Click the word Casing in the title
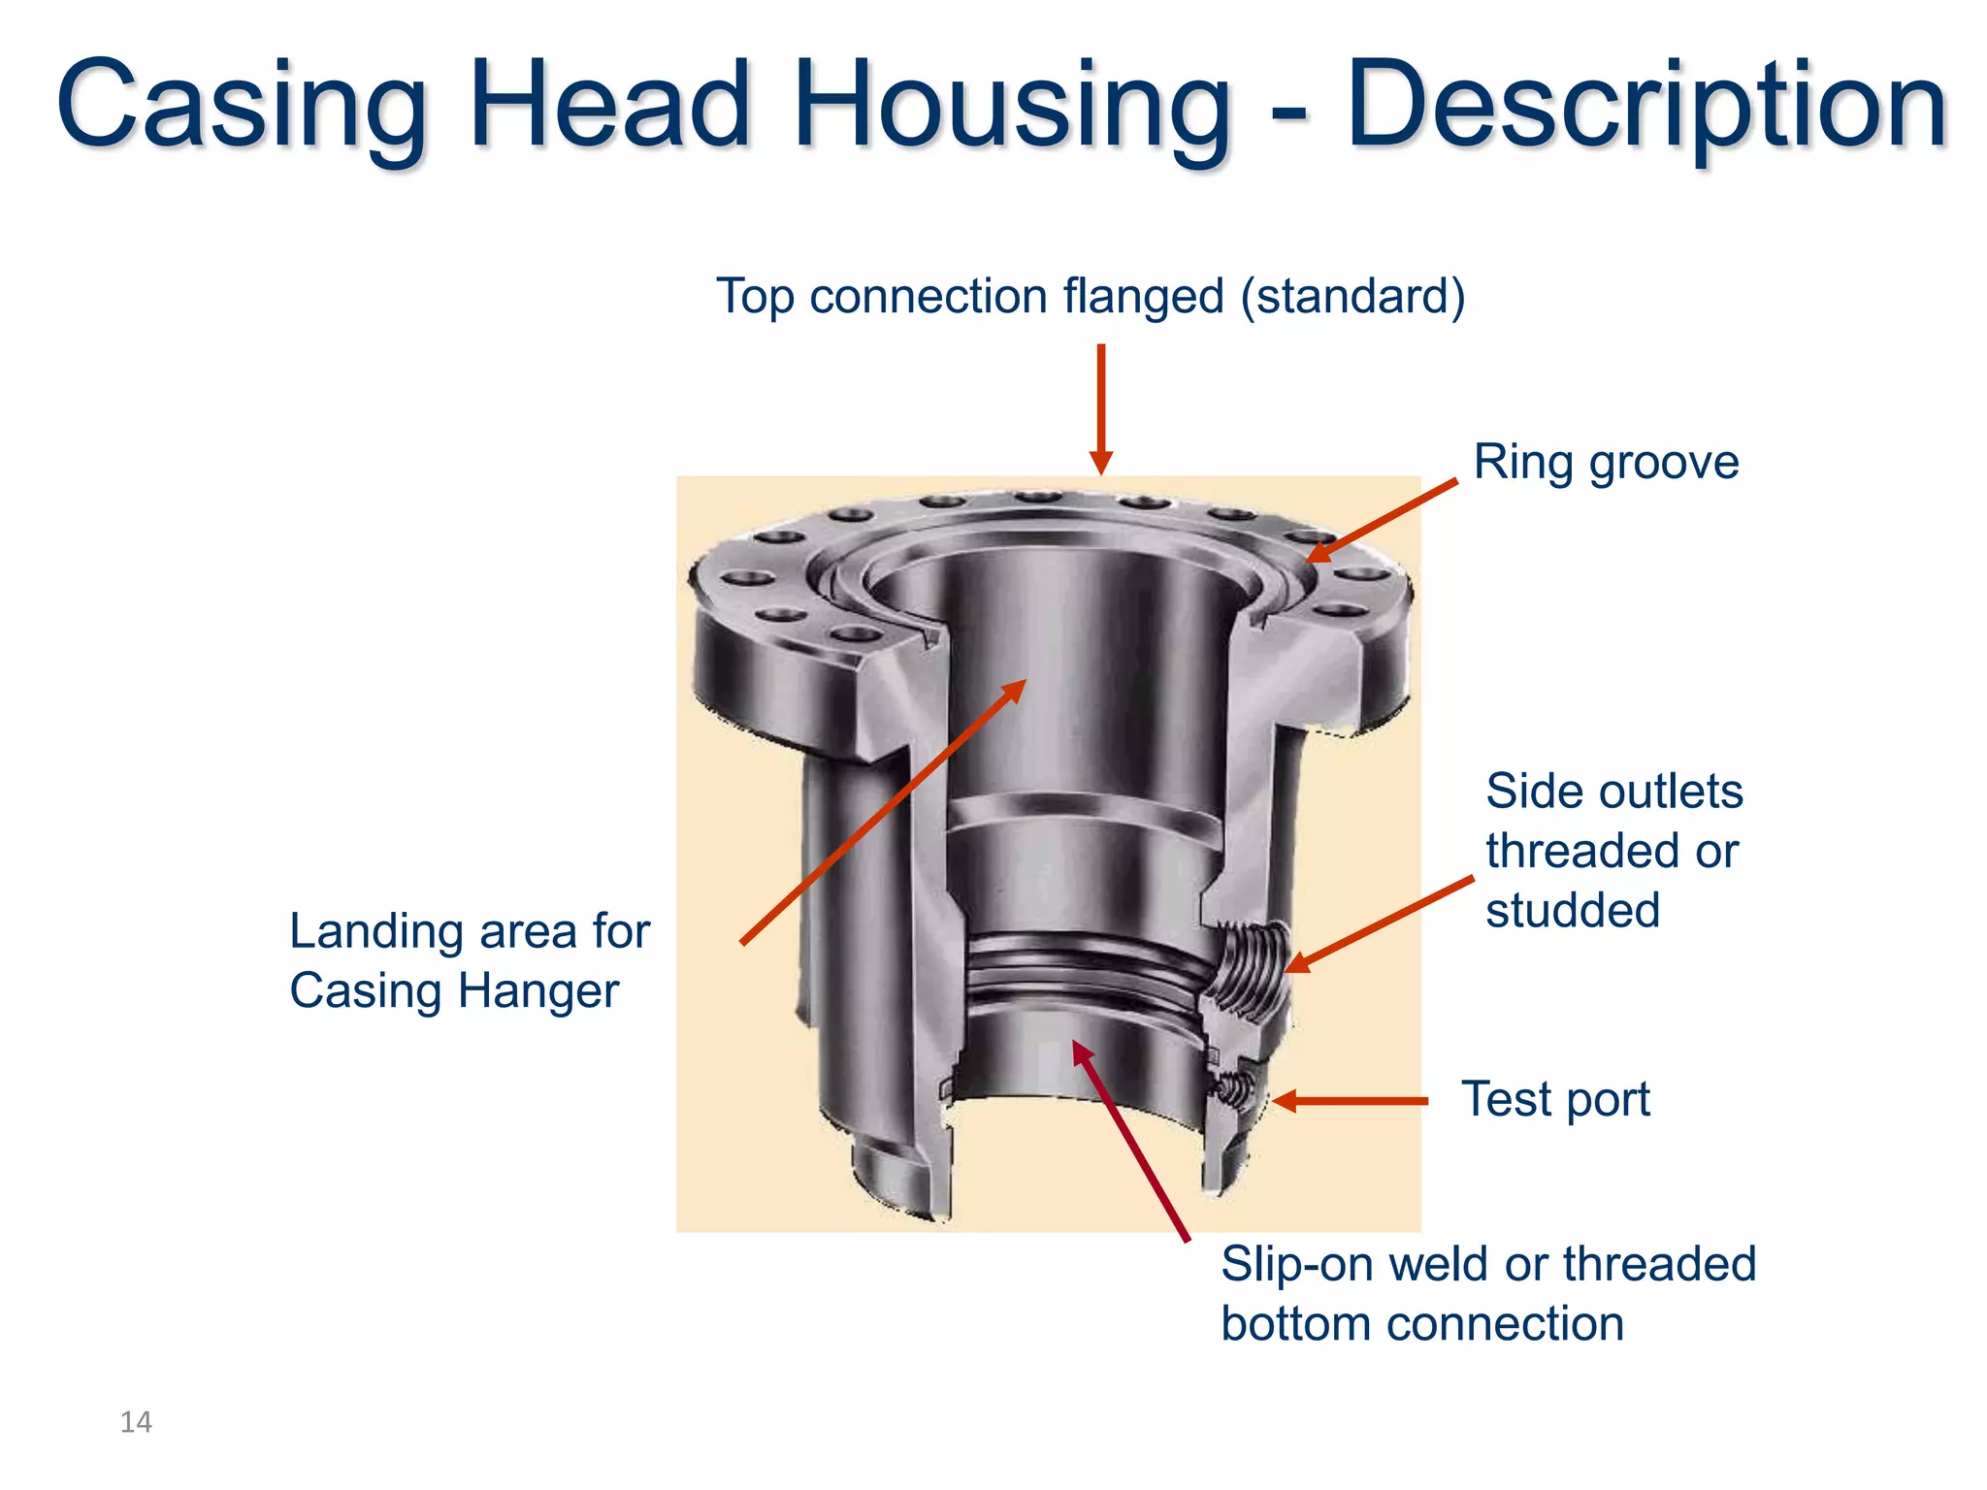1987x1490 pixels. [x=243, y=105]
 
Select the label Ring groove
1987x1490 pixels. [x=1606, y=462]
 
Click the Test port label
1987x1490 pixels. [x=1555, y=1099]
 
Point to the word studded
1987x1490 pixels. [x=1573, y=910]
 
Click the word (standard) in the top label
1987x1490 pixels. [x=1352, y=296]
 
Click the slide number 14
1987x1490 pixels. [x=136, y=1422]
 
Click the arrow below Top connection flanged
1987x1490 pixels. [x=1100, y=407]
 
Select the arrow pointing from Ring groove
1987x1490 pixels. [x=1382, y=520]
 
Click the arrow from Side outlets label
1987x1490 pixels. [x=1378, y=923]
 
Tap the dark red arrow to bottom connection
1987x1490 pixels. [x=1130, y=1140]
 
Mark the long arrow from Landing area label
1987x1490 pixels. [x=883, y=811]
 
